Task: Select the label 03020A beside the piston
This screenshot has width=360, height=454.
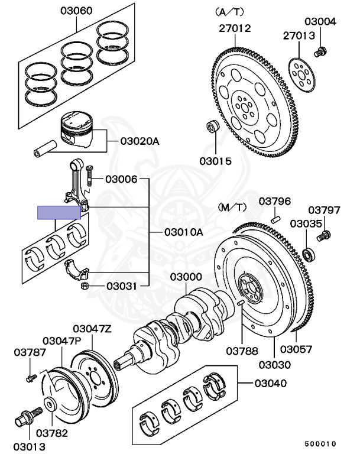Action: (140, 142)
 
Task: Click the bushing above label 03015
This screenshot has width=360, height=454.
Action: (210, 127)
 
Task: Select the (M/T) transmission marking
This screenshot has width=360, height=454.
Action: (232, 207)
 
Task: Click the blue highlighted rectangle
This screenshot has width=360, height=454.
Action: (59, 212)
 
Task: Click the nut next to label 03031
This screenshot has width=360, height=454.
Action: (84, 287)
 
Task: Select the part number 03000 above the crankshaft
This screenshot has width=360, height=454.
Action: (186, 277)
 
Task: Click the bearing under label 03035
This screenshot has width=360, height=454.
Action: (307, 255)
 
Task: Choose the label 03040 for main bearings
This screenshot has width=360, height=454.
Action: (270, 384)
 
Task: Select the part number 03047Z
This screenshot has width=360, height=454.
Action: (92, 329)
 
